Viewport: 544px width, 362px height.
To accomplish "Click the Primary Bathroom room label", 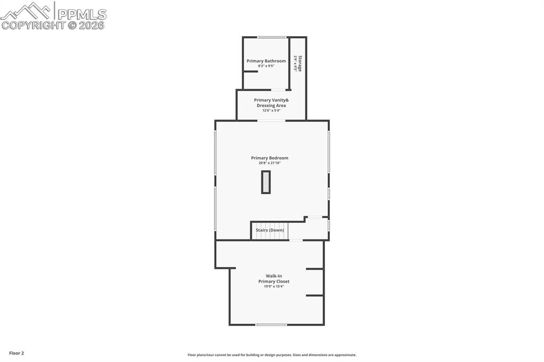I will coord(266,61).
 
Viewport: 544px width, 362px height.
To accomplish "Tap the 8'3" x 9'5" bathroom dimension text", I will coord(266,66).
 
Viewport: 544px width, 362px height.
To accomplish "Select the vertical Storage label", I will coord(300,63).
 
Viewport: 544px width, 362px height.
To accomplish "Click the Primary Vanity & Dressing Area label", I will coord(271,102).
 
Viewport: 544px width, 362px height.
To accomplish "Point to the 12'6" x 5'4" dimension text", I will coord(271,110).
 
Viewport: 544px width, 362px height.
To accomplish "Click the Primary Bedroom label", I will coord(269,158).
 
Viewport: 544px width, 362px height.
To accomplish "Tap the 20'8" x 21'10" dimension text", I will coord(269,163).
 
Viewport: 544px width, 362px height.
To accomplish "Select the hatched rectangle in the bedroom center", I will coord(266,182).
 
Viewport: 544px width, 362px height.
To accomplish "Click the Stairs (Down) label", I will coord(269,230).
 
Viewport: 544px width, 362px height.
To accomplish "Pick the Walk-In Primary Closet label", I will coord(274,279).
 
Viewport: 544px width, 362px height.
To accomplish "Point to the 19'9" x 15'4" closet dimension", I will coord(274,287).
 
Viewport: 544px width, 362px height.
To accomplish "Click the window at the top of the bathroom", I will coord(272,37).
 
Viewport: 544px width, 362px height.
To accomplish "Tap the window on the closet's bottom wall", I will coord(271,324).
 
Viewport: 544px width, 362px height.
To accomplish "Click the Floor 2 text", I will coord(16,353).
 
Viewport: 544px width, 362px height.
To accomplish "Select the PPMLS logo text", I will coord(81,14).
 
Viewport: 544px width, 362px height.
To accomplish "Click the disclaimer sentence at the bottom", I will coord(271,355).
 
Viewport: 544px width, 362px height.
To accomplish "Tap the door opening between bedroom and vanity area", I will coord(271,120).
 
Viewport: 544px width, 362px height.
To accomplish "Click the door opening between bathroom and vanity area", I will coord(278,90).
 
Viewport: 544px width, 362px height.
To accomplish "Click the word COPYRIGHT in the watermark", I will coord(33,25).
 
